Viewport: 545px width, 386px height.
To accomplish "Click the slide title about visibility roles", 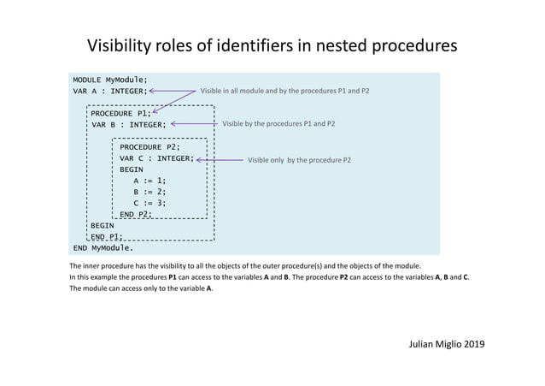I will pyautogui.click(x=272, y=45).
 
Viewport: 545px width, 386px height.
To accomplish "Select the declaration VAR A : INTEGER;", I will pyautogui.click(x=110, y=91).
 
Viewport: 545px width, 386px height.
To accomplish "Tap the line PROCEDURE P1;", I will pyautogui.click(x=120, y=113).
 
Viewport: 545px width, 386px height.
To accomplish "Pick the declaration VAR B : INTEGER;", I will pyautogui.click(x=129, y=124).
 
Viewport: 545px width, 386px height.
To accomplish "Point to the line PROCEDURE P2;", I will pyautogui.click(x=149, y=147).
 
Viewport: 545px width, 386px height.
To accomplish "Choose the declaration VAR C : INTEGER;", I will pyautogui.click(x=157, y=158).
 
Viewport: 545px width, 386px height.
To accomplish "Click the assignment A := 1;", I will pyautogui.click(x=149, y=181).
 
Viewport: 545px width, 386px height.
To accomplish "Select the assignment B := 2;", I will pyautogui.click(x=149, y=192).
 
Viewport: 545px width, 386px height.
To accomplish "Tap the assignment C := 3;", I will pyautogui.click(x=149, y=203).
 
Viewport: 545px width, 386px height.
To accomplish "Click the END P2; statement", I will pyautogui.click(x=136, y=214).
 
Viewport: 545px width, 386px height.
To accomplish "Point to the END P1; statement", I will pyautogui.click(x=107, y=236).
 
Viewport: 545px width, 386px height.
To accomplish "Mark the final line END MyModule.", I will pyautogui.click(x=103, y=248).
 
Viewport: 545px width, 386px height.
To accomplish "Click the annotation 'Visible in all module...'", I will pyautogui.click(x=284, y=90).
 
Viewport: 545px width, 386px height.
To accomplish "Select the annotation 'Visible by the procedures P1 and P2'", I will pyautogui.click(x=278, y=124).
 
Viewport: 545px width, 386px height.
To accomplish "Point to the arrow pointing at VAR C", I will pyautogui.click(x=220, y=159).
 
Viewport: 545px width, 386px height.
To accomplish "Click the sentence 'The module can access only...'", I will pyautogui.click(x=142, y=288).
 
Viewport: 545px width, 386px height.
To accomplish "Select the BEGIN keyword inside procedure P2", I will pyautogui.click(x=132, y=169).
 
